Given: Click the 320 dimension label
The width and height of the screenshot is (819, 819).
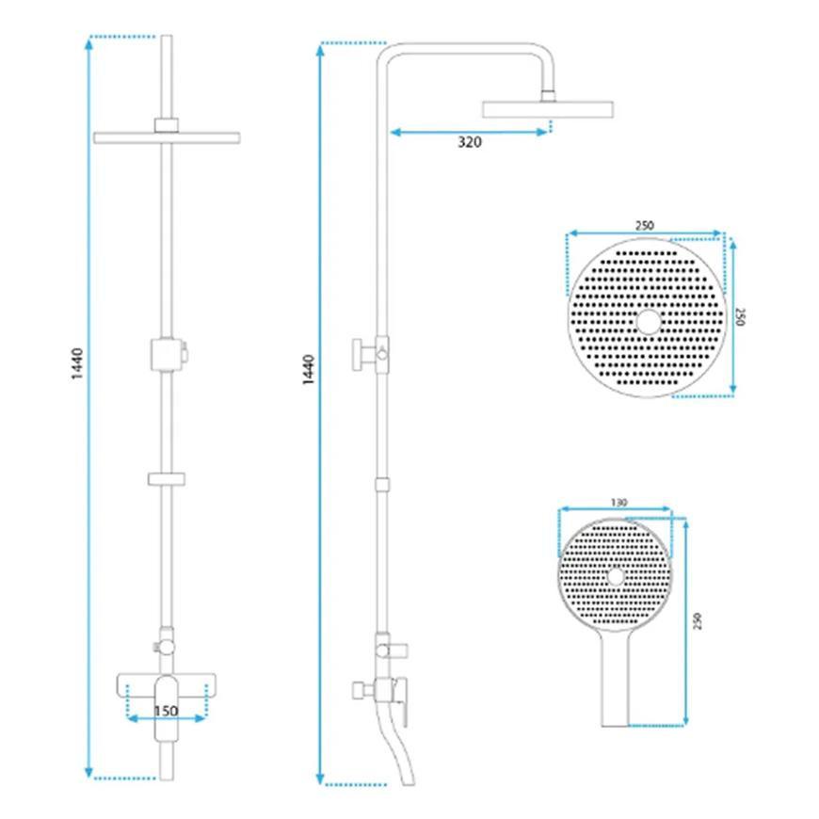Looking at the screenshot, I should point(470,143).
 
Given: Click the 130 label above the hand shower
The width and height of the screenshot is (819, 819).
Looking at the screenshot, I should point(618,504).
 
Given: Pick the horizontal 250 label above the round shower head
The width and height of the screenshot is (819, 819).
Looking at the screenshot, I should point(645,225).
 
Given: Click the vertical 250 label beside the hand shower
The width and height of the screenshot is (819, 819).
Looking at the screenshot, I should point(698,623).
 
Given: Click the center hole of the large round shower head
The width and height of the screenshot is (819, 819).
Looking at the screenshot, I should point(648,322).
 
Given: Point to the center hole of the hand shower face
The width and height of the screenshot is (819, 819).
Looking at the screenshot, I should point(616,575).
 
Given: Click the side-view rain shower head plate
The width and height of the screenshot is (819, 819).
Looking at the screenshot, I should point(547,108).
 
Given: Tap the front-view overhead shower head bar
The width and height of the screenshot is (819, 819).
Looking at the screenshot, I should point(168,137).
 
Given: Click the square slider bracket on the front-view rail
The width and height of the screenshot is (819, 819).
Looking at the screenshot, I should point(167,354).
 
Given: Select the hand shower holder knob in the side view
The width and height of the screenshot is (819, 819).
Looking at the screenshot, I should point(360,357).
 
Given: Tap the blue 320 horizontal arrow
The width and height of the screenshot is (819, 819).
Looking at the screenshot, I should point(469,132).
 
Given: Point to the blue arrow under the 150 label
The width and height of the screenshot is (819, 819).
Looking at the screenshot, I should point(167,718).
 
